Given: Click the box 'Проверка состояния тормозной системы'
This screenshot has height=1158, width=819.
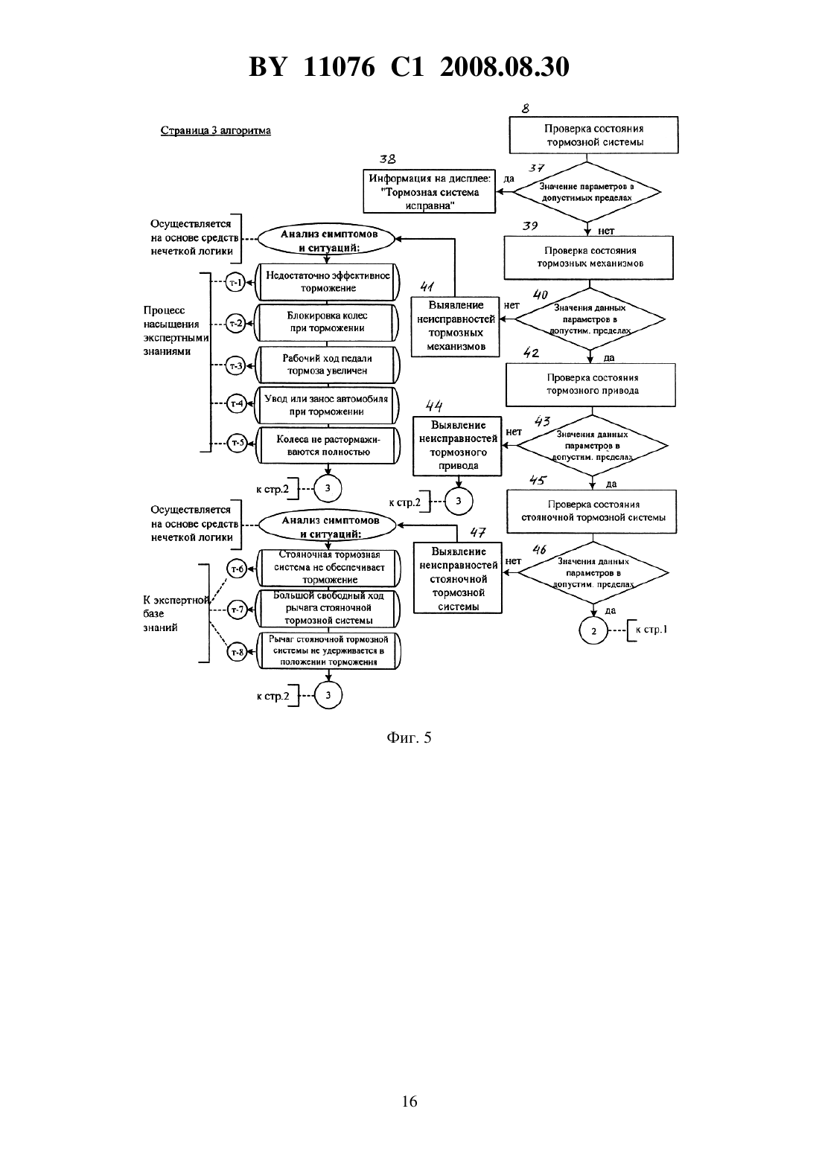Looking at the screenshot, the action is [593, 135].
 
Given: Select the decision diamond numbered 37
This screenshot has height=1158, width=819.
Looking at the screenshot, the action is [587, 192].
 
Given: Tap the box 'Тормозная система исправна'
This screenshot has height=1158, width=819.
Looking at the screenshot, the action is [429, 191].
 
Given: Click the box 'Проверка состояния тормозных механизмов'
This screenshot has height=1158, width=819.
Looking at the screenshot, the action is [589, 257].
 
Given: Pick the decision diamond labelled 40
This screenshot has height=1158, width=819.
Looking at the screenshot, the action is [590, 319].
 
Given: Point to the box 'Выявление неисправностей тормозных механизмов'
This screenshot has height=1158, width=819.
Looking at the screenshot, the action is [456, 326].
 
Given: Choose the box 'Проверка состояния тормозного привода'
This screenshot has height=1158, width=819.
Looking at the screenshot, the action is [590, 385].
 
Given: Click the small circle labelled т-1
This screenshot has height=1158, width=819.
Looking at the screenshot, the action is [236, 282].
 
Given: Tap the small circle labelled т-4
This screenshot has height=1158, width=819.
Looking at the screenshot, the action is [237, 403].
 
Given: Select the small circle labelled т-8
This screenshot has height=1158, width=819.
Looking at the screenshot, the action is [237, 652].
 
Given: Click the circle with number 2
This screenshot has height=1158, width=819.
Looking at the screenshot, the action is [593, 630].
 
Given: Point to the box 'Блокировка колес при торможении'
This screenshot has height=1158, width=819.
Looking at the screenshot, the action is [328, 322].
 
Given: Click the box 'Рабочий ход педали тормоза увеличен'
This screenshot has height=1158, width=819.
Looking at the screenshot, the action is [328, 365].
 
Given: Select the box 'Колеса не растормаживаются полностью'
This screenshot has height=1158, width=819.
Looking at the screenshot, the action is [328, 445].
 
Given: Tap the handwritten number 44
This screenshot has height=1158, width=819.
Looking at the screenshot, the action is [434, 406].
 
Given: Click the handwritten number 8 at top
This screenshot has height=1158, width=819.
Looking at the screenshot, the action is [526, 109].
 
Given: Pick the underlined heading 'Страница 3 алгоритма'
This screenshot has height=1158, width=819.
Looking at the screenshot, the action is [216, 130].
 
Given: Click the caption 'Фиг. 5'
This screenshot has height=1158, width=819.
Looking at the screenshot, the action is [409, 738].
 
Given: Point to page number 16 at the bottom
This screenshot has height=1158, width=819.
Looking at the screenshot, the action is [409, 1101].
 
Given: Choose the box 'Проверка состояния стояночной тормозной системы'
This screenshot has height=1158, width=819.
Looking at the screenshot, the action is [592, 511].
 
